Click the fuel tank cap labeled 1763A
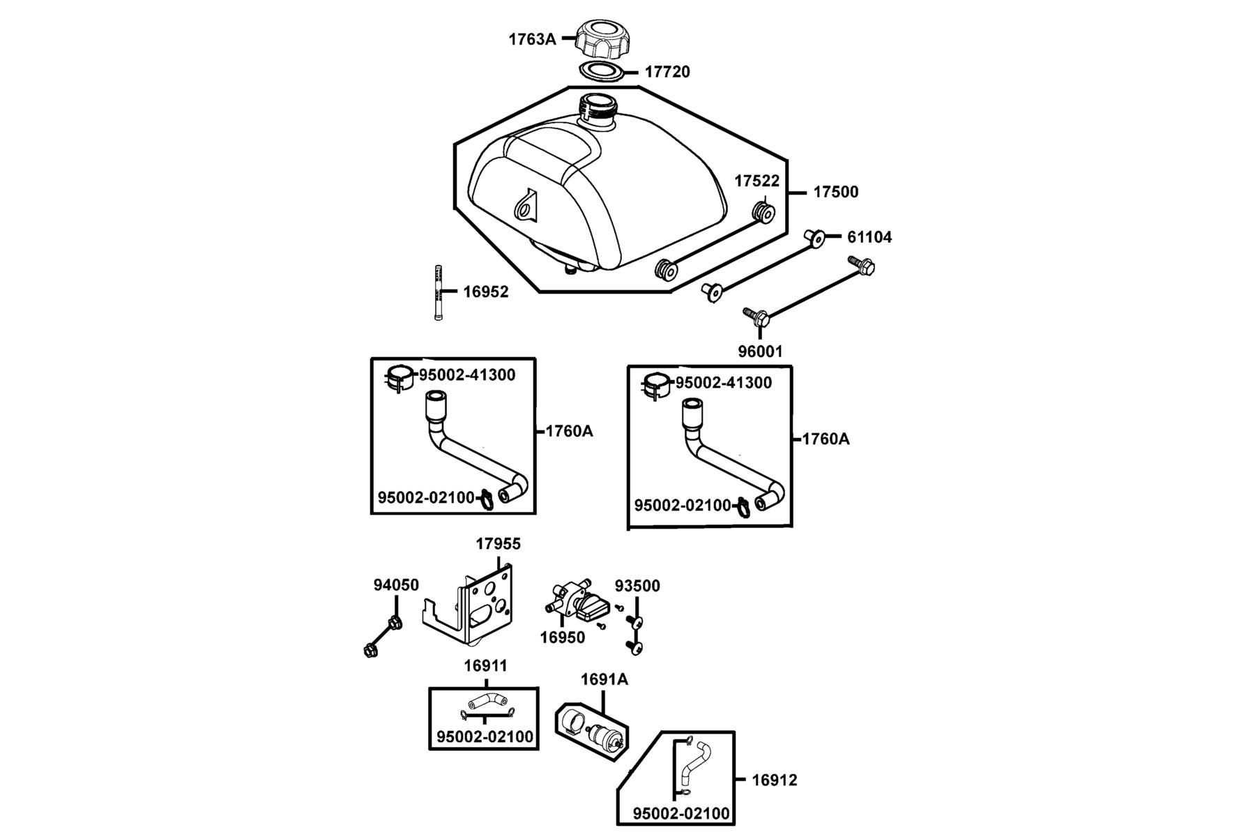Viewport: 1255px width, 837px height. click(x=602, y=38)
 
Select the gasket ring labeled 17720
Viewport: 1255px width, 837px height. click(x=601, y=70)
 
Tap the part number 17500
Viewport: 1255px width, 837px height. click(x=836, y=192)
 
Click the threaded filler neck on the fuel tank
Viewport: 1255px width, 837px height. click(x=597, y=112)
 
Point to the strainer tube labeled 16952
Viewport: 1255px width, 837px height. click(x=438, y=292)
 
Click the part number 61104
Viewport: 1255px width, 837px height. click(x=869, y=237)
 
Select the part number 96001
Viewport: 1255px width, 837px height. click(x=761, y=352)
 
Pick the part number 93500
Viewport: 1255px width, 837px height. click(x=637, y=586)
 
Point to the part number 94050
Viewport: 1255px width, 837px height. click(x=396, y=585)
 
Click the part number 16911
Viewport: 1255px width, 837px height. click(x=486, y=665)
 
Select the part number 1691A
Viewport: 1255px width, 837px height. click(x=604, y=679)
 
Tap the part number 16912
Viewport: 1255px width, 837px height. click(x=774, y=780)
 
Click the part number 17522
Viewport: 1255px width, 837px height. click(x=756, y=181)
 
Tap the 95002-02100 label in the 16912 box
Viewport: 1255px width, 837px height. click(x=681, y=813)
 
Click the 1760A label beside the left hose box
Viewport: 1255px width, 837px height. click(x=569, y=431)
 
